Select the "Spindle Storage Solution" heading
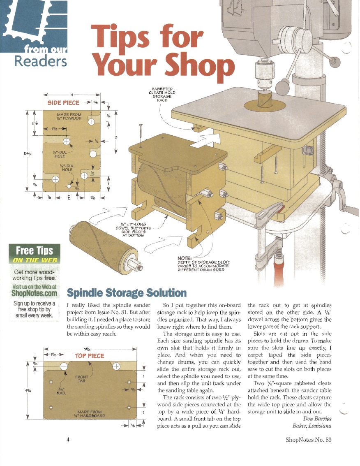click(127, 293)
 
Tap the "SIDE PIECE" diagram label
click(64, 102)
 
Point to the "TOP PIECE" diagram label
click(89, 355)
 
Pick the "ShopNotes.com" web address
click(34, 293)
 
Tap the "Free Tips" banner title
click(34, 250)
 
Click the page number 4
click(68, 439)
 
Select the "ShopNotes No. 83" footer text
click(308, 439)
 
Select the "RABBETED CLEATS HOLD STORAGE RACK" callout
click(162, 93)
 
